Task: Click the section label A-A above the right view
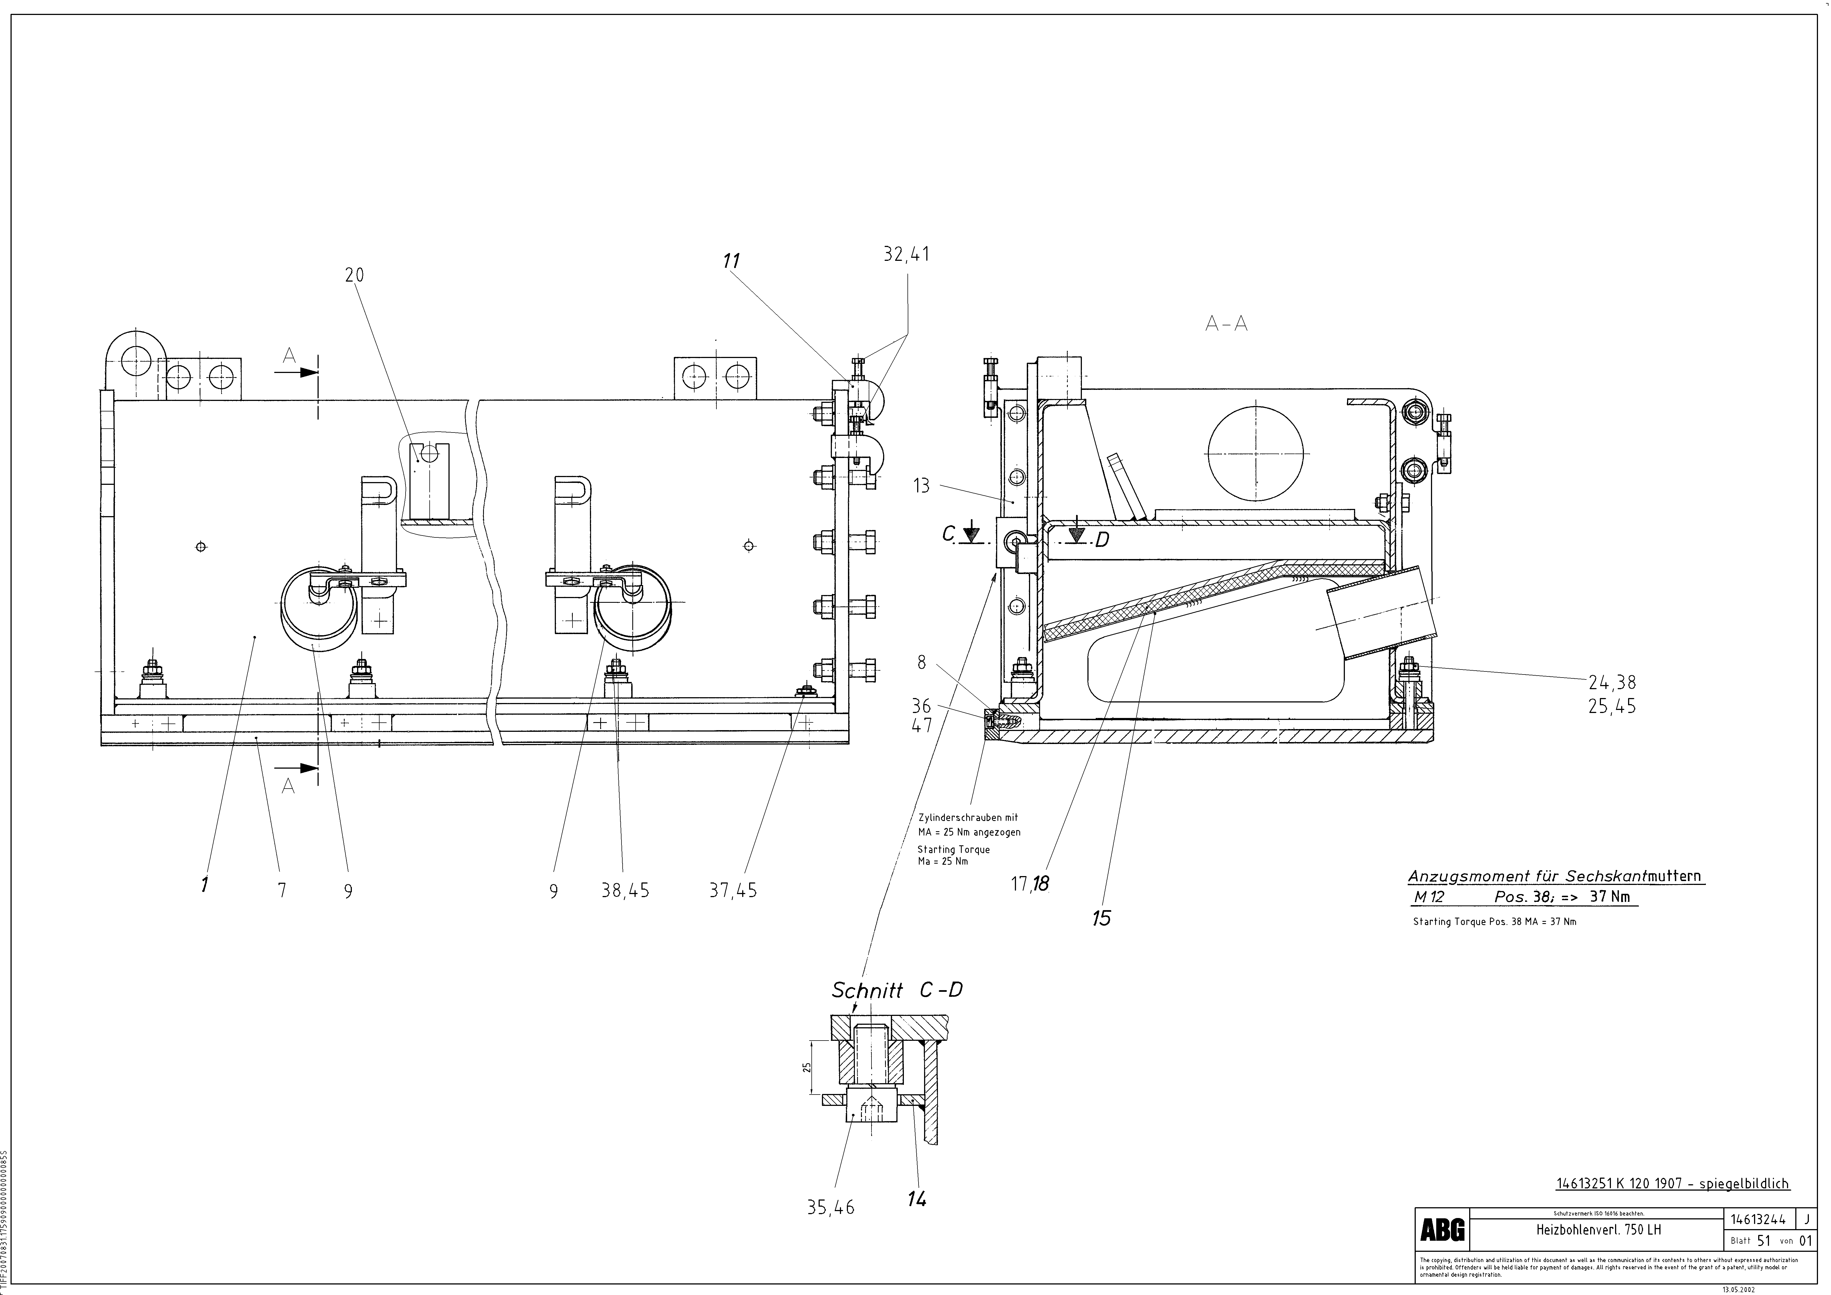pos(1226,324)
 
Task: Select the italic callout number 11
pos(731,261)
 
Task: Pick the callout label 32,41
pos(907,254)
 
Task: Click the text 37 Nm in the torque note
pos(1609,896)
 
